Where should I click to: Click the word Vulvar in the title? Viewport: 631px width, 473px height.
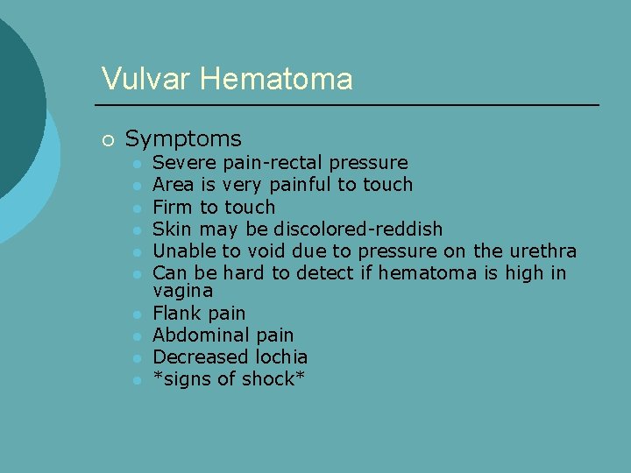[x=145, y=79]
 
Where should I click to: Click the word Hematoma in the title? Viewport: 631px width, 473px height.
[x=276, y=79]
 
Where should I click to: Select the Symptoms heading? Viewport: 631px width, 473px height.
[x=183, y=138]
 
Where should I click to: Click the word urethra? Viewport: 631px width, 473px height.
[x=542, y=251]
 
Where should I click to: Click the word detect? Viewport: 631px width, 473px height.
[x=325, y=273]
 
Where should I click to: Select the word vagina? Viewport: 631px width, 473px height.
[x=182, y=291]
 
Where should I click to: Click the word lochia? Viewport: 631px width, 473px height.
[x=281, y=357]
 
